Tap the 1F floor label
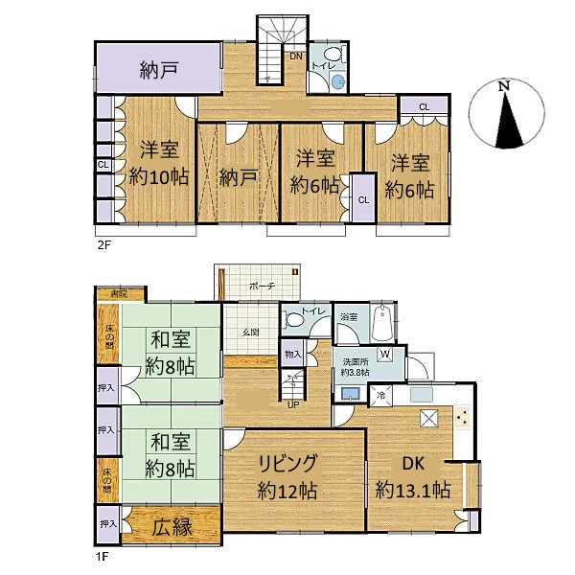pyautogui.click(x=103, y=554)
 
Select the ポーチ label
pyautogui.click(x=262, y=286)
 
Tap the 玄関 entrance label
pyautogui.click(x=249, y=332)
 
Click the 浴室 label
pyautogui.click(x=349, y=316)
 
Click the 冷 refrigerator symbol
pyautogui.click(x=380, y=395)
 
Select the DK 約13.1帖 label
pyautogui.click(x=414, y=474)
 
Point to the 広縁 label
pyautogui.click(x=172, y=525)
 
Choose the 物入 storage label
pyautogui.click(x=291, y=355)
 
